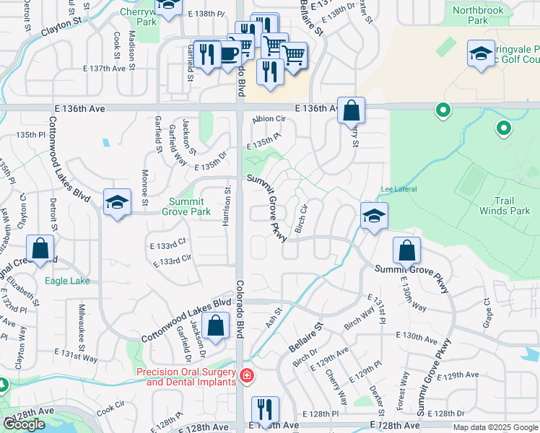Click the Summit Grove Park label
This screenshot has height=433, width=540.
tap(190, 206)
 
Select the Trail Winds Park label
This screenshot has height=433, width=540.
tap(505, 206)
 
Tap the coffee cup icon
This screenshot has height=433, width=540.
tap(229, 54)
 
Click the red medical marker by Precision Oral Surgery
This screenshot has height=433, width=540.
tap(246, 375)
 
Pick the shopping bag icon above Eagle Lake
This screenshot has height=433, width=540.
tap(40, 249)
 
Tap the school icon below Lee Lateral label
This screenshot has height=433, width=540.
tap(374, 216)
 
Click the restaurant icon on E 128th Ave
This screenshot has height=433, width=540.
tap(265, 409)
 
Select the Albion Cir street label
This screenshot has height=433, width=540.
tap(270, 119)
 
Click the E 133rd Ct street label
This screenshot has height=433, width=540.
tap(168, 245)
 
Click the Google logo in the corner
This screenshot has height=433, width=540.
tap(24, 424)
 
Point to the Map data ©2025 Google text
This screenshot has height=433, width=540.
tap(495, 427)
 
